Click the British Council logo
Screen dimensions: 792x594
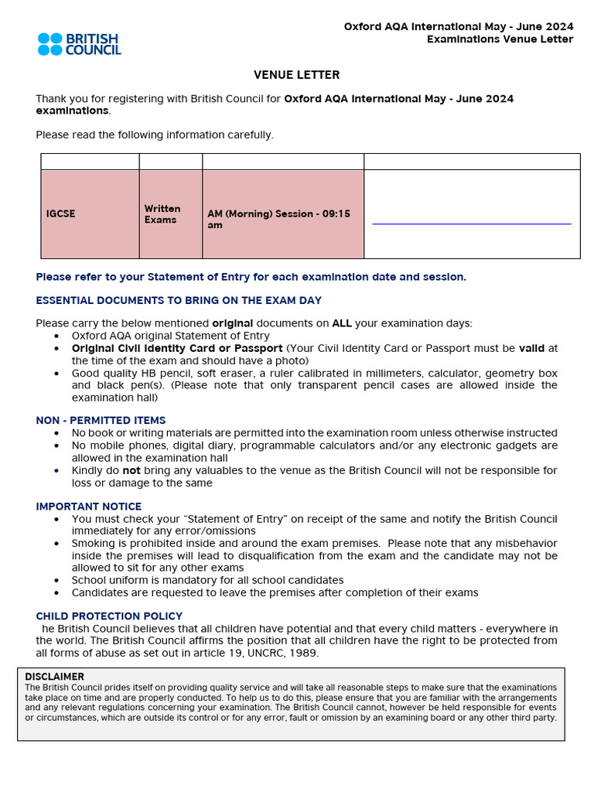coord(80,44)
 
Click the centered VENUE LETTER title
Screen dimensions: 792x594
coord(296,75)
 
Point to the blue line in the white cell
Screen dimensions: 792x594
coord(471,224)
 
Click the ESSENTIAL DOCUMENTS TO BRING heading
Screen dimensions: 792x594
coord(179,300)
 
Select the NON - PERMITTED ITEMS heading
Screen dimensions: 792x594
coord(101,421)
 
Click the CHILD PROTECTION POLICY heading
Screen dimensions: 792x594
coord(109,616)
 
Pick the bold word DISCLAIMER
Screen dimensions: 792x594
coord(54,677)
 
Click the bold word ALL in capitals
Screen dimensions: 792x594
coord(341,323)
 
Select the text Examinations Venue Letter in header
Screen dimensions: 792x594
coord(500,39)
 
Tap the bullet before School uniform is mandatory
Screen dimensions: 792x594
coord(56,581)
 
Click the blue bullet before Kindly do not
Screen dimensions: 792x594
coord(56,470)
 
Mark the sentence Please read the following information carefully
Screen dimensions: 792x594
coord(155,135)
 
